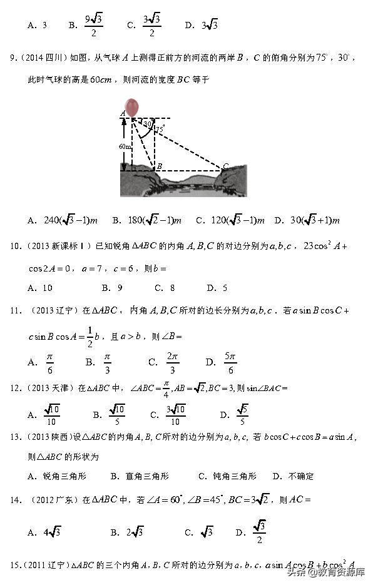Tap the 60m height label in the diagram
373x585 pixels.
tap(125, 146)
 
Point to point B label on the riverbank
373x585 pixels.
tap(159, 166)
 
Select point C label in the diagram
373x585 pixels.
tap(226, 166)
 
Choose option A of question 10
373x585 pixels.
tap(40, 288)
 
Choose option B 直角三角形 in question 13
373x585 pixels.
tap(138, 476)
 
